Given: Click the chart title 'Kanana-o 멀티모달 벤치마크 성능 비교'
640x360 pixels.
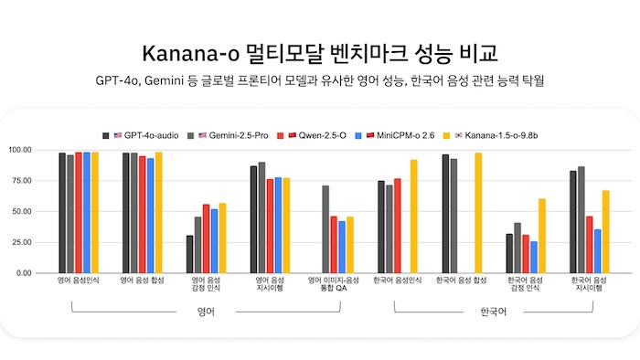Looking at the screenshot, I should point(319,49).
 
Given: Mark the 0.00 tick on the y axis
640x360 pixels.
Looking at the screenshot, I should point(46,273).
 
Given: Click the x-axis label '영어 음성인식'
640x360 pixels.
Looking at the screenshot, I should point(78,281).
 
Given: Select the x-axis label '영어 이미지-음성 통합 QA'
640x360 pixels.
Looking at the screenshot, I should point(333,284).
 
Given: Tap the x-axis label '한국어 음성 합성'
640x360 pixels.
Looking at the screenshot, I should point(461,281).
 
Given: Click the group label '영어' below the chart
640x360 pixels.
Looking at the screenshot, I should point(207,312).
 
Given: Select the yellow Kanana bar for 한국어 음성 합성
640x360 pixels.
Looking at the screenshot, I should point(478,213).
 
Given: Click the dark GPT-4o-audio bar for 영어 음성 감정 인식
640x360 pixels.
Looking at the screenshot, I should point(190,254).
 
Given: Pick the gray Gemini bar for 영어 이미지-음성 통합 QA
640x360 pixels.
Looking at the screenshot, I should point(325,229).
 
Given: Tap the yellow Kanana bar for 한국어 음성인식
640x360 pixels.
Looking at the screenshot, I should point(414,217).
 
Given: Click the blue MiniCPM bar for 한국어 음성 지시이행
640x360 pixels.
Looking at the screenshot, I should point(597,250).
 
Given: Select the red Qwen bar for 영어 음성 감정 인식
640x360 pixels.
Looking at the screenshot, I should point(207,238).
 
